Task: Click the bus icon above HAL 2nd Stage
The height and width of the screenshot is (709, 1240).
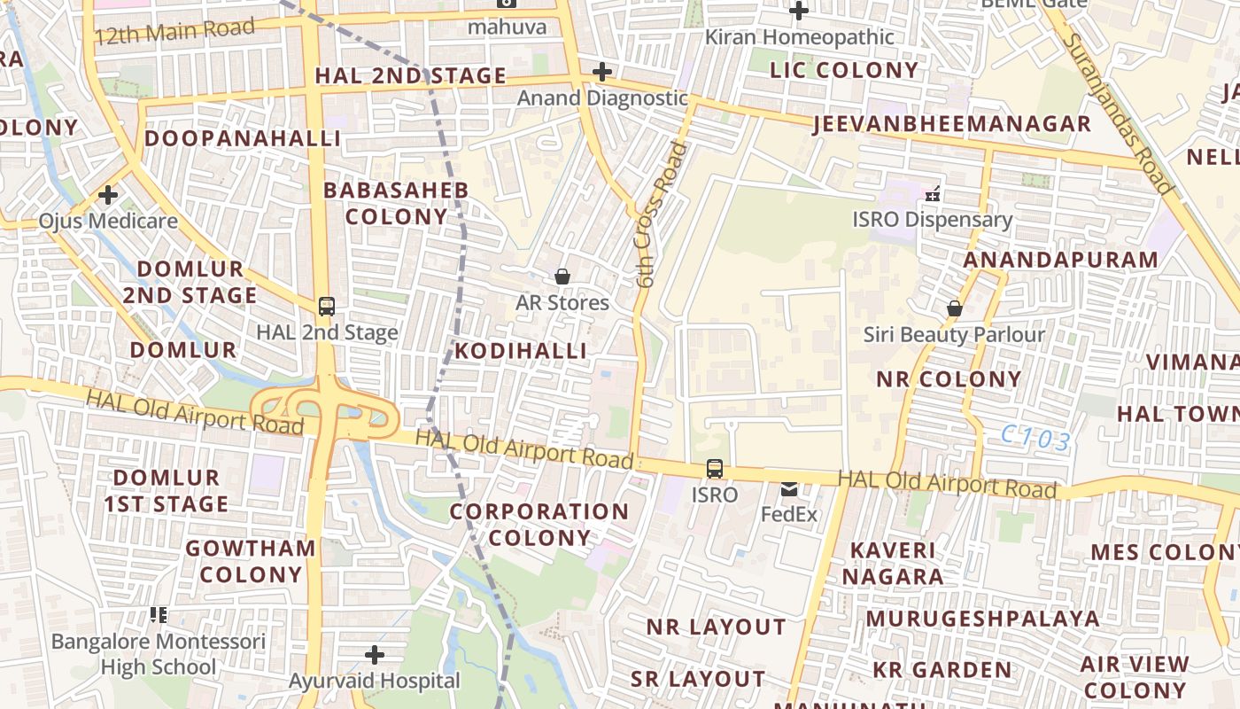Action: (327, 307)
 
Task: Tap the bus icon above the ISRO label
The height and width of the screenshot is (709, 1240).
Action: (715, 469)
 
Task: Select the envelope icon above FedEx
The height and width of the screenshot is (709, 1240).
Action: (789, 488)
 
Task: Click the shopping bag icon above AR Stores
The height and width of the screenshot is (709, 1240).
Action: (562, 277)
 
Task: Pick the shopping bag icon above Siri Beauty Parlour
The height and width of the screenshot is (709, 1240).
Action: (955, 309)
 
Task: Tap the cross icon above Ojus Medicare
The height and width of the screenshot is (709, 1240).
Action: (108, 195)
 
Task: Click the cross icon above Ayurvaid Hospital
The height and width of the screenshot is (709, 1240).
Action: (375, 656)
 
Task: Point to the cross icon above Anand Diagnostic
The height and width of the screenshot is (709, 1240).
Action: (602, 72)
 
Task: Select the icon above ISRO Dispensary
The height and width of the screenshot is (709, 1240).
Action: (932, 193)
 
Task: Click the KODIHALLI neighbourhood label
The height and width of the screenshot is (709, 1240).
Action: (521, 351)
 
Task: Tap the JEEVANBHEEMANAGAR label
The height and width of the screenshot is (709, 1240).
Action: (952, 124)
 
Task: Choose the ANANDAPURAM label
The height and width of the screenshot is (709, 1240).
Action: (1060, 260)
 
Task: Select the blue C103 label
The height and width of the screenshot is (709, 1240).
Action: (1036, 437)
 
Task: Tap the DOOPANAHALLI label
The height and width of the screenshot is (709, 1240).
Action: (243, 138)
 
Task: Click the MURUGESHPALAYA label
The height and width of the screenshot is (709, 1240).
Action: (983, 619)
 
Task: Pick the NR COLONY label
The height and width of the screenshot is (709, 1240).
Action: (949, 379)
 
